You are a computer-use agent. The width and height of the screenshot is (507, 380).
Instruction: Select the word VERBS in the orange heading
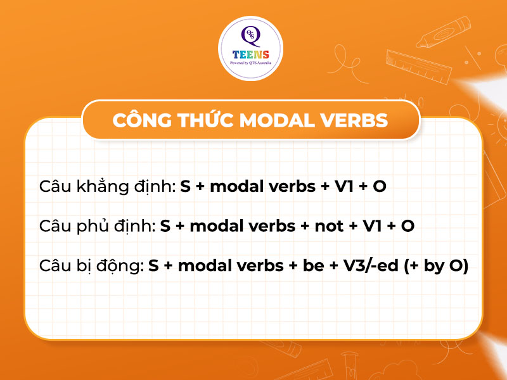[356, 120]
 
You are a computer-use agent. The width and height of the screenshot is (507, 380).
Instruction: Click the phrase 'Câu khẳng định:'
[107, 187]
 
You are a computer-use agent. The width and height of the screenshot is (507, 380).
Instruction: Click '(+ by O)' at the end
[436, 267]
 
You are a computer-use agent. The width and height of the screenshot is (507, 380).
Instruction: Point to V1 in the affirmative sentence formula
[343, 187]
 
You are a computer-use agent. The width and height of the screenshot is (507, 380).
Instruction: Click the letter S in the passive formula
[153, 267]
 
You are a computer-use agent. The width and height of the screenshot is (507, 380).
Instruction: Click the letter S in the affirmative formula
[185, 187]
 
